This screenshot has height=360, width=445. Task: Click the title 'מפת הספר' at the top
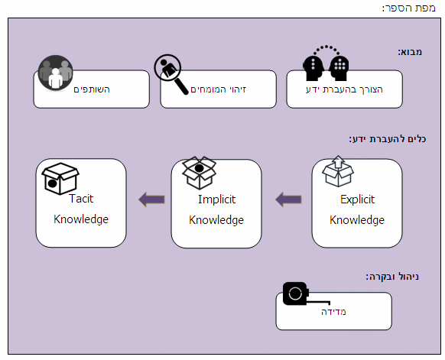point(408,8)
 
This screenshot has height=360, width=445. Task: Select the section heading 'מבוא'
point(410,52)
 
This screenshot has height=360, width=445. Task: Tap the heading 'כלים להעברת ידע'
point(388,139)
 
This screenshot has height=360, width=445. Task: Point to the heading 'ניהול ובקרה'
point(392,277)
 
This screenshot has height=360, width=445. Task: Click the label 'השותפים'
point(92,89)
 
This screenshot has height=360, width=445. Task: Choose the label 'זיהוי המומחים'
point(218,89)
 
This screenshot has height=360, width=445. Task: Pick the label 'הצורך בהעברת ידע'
point(344,89)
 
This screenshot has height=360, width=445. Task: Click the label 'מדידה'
point(333,312)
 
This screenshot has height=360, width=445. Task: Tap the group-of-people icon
point(55,73)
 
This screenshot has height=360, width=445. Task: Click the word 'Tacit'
point(81,199)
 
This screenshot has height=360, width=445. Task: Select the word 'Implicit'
point(217,199)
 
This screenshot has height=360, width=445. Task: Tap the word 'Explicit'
point(357,199)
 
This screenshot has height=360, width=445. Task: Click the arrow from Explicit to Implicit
point(288,199)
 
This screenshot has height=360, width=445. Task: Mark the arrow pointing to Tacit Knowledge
point(151,199)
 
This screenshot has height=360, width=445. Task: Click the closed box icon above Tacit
point(60,178)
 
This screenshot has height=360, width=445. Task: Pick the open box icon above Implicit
point(199,173)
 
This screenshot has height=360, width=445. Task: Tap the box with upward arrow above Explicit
point(338,171)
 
